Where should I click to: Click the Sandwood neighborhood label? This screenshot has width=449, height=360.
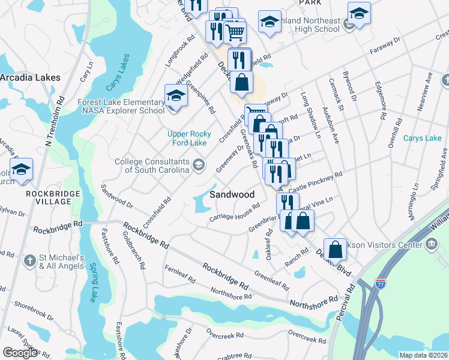[232, 194]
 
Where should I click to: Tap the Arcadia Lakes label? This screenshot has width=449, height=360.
[30, 78]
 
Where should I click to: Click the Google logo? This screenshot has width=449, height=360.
[20, 352]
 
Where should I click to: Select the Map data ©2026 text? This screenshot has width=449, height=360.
[424, 355]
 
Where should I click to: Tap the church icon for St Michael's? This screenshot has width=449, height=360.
[31, 261]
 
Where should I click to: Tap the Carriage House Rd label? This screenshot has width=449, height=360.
[234, 212]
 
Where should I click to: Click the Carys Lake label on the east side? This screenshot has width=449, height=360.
[422, 139]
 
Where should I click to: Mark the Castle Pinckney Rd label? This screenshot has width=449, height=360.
[316, 181]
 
